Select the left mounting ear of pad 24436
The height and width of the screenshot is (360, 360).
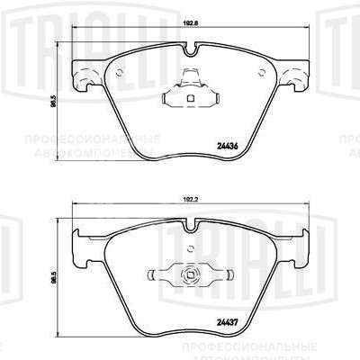pyautogui.click(x=85, y=76)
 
